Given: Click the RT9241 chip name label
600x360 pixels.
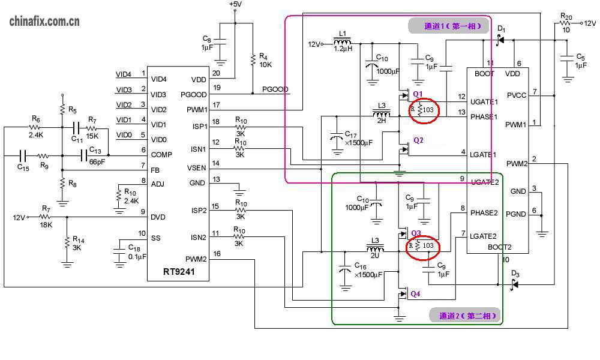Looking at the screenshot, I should (178, 271).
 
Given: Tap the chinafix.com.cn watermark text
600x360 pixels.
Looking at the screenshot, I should (45, 22).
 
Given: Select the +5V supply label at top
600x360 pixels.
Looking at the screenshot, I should (235, 4).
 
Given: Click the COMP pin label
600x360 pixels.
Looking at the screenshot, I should (162, 155).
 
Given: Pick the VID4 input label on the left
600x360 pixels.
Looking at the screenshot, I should (124, 74).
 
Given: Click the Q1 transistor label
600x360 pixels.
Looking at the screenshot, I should (418, 93).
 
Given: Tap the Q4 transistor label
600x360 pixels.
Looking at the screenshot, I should (415, 294).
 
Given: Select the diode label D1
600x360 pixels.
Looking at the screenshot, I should (502, 29).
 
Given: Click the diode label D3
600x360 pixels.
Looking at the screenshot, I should (515, 274).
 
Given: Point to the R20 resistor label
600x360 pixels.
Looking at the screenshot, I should (566, 16).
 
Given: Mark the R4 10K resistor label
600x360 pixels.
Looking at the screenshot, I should (265, 60).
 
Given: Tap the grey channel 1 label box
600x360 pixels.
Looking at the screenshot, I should (446, 26).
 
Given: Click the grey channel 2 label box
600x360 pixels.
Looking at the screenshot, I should (464, 316).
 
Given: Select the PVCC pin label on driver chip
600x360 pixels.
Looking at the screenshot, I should (516, 95).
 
